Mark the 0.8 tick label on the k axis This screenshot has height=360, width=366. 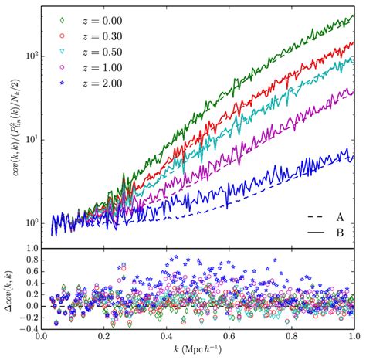[353, 337]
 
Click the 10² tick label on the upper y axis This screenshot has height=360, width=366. [31, 56]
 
